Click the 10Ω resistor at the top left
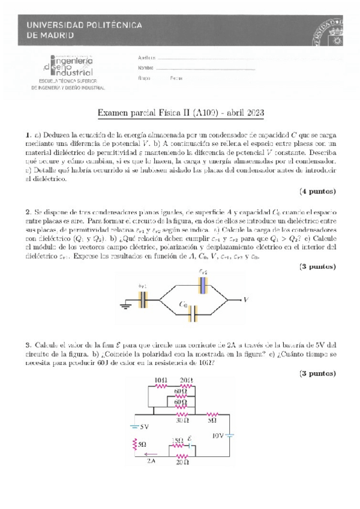160,387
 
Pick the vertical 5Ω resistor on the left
135,445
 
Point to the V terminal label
245,299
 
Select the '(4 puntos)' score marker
317,191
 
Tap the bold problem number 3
28,345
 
